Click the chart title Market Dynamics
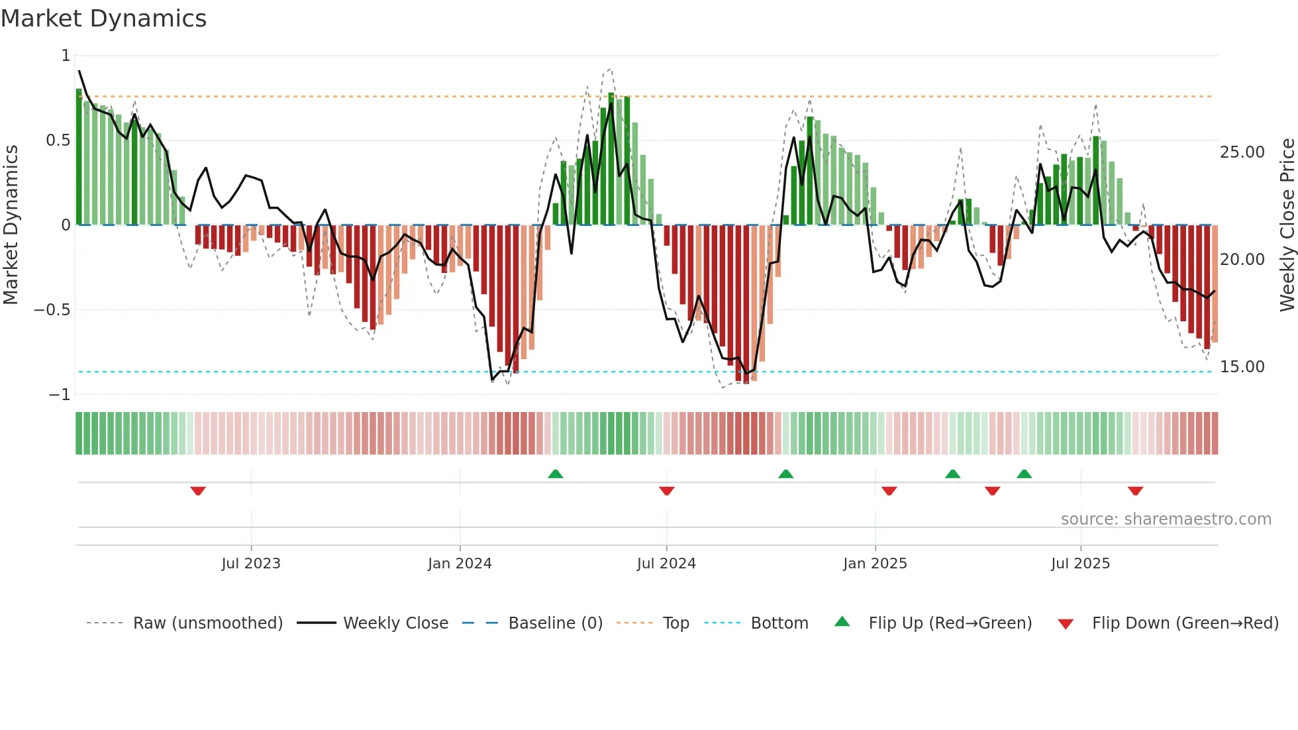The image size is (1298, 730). [x=104, y=19]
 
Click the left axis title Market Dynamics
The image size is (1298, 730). [x=11, y=225]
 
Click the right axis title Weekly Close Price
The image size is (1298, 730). [x=1287, y=225]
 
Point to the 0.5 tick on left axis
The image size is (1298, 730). [x=58, y=140]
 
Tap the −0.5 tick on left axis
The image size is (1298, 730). [x=52, y=310]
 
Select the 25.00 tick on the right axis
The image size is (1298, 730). [x=1242, y=152]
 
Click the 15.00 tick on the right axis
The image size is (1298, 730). [x=1242, y=367]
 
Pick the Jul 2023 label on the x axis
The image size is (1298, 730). [x=251, y=564]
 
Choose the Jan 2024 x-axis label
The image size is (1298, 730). [x=460, y=564]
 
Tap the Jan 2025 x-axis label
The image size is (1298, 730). [x=875, y=564]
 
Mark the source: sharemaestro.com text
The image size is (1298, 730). [x=1166, y=519]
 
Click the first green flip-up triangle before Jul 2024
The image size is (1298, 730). [x=556, y=474]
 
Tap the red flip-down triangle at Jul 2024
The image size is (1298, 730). [x=667, y=491]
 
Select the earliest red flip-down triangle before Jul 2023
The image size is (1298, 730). [x=198, y=491]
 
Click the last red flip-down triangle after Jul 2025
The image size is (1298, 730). [x=1135, y=491]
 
